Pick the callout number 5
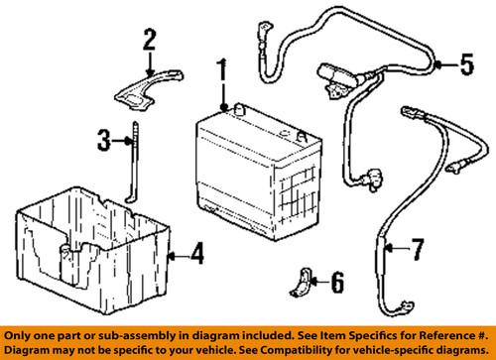click(x=466, y=66)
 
